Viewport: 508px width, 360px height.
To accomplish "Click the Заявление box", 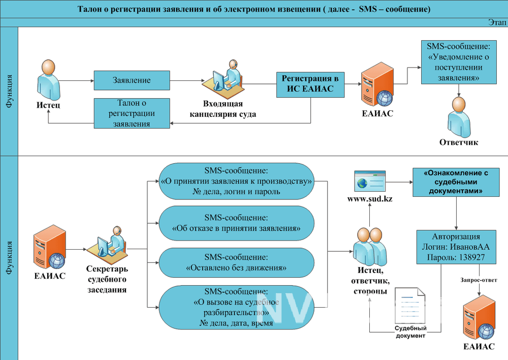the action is click(x=132, y=80).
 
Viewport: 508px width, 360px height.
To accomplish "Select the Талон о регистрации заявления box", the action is click(x=132, y=113).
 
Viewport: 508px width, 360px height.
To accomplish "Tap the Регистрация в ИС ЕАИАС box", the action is click(x=310, y=84).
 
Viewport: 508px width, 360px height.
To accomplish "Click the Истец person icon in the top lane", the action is click(x=48, y=80).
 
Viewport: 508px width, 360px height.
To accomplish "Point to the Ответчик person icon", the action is click(x=459, y=117).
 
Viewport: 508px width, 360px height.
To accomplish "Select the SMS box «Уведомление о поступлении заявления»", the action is click(x=459, y=62).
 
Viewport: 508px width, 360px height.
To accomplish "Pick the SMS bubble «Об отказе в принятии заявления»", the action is click(x=237, y=223).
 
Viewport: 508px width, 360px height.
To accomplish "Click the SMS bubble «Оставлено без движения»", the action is click(x=237, y=263).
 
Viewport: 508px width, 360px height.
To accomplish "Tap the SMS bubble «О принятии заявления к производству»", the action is click(x=237, y=181).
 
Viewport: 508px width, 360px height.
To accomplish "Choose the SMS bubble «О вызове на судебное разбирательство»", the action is click(x=237, y=308).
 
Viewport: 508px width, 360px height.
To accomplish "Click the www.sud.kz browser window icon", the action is click(x=370, y=181).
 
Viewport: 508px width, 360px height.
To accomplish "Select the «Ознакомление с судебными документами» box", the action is click(x=456, y=182).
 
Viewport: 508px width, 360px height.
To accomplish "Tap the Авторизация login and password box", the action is click(x=456, y=247).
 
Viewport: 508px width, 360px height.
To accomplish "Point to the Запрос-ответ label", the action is click(x=479, y=280).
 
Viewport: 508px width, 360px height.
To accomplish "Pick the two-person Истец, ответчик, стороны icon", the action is click(x=370, y=247).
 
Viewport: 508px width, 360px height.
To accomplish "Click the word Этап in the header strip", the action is click(x=497, y=22).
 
